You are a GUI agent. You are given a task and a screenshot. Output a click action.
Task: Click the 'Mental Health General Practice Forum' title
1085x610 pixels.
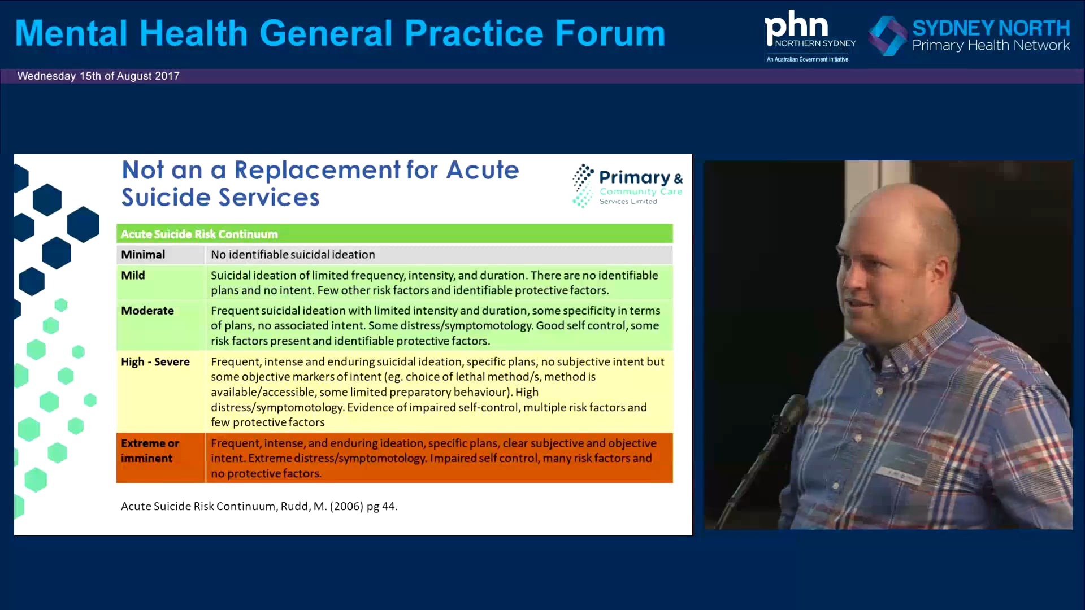pos(340,33)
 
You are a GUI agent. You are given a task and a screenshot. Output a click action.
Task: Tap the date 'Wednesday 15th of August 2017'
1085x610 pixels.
pos(98,76)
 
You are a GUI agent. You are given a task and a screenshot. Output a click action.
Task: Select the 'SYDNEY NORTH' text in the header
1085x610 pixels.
pos(991,28)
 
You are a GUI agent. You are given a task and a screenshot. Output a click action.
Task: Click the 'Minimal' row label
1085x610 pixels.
pos(143,255)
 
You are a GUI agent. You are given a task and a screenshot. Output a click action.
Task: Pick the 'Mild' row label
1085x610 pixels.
pos(133,276)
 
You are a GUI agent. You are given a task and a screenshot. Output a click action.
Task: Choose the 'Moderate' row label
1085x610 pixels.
pos(147,311)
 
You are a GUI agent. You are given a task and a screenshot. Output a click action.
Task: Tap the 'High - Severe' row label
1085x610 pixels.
pos(155,362)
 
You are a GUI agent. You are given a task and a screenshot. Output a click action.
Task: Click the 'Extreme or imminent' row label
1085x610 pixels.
pos(150,451)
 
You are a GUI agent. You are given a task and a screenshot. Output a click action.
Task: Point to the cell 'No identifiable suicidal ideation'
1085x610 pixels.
pos(293,255)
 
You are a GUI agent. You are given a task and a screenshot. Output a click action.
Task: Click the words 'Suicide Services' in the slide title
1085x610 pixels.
pos(220,198)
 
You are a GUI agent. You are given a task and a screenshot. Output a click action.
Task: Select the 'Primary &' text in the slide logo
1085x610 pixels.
pos(640,178)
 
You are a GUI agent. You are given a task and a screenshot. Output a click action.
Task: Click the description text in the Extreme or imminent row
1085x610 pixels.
pos(433,458)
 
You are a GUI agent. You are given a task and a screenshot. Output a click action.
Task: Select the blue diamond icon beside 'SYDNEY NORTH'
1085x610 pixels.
pos(887,36)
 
